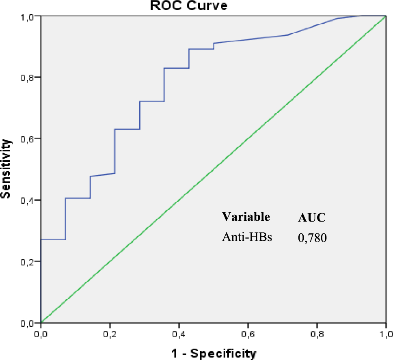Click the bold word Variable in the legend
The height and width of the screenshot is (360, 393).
click(x=246, y=217)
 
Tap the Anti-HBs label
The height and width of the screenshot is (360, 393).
click(x=247, y=237)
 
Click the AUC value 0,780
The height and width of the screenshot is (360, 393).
click(x=313, y=239)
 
